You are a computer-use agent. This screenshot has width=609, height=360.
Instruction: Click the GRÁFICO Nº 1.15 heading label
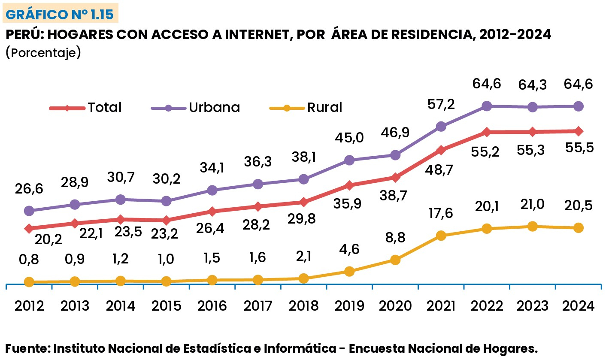tap(60, 15)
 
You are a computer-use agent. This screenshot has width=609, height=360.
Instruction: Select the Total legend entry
tap(86, 107)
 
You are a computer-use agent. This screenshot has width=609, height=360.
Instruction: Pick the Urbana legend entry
tap(195, 107)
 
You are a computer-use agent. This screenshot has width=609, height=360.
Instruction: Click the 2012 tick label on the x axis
tap(29, 306)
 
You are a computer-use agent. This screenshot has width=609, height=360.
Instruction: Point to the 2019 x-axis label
tap(349, 306)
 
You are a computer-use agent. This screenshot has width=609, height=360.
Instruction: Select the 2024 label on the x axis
tap(579, 306)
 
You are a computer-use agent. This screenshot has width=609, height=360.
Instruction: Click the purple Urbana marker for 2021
tap(441, 126)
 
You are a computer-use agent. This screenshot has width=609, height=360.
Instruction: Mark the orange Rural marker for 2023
tap(533, 226)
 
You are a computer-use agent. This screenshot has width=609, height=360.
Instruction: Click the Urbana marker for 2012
tap(29, 211)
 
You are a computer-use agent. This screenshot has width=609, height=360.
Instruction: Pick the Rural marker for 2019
tap(349, 271)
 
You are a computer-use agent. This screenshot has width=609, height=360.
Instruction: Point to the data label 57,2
tap(441, 104)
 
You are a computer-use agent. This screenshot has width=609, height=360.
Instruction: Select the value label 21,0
tap(532, 205)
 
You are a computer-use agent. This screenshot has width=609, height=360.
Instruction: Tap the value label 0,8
tap(29, 260)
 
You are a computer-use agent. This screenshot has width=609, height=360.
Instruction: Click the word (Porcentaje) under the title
tap(43, 53)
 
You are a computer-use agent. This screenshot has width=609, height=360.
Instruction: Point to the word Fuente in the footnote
tap(27, 348)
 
